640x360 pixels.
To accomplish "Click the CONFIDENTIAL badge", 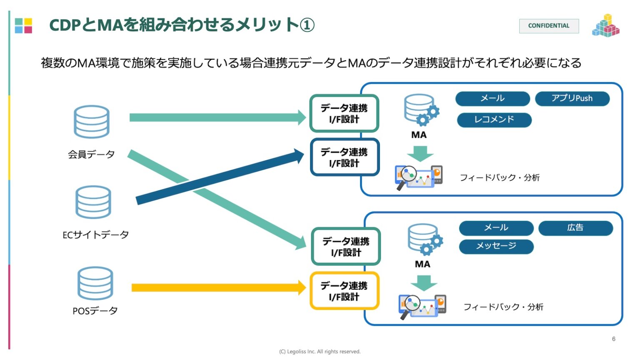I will tap(548, 26).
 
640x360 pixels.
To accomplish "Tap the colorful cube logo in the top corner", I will tap(605, 26).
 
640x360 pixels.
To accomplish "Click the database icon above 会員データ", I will tap(92, 122).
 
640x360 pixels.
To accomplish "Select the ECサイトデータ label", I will tap(95, 235).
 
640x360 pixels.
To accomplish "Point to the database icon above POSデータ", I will tap(95, 283).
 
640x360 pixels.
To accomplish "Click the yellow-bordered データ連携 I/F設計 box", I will tap(344, 291).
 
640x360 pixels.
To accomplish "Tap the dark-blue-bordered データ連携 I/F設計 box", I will tap(344, 157).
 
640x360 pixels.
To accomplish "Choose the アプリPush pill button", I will tap(572, 99).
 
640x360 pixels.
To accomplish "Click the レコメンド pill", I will tap(494, 120).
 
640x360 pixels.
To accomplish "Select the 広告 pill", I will tap(575, 228).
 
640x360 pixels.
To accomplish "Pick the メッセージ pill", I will tap(496, 246).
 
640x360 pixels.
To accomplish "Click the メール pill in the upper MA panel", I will tap(492, 99).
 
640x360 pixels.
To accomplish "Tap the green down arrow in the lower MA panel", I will tap(424, 283).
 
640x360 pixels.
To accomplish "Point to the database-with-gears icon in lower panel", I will tap(425, 239).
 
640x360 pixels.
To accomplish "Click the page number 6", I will tap(613, 339).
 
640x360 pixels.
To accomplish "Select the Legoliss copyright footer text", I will tap(320, 352).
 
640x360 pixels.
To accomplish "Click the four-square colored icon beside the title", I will tap(23, 25).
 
